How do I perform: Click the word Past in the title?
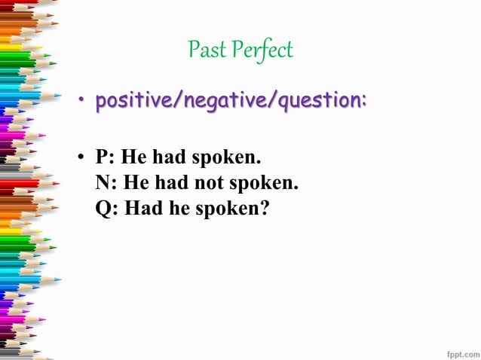pos(204,50)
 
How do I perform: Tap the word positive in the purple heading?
pos(133,99)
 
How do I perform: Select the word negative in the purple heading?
pos(224,99)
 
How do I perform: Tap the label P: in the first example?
pos(106,158)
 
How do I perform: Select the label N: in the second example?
pos(106,183)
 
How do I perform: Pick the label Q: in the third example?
pos(107,208)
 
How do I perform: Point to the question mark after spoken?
pos(264,208)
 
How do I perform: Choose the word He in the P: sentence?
pos(135,158)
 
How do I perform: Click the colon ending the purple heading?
pos(364,101)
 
